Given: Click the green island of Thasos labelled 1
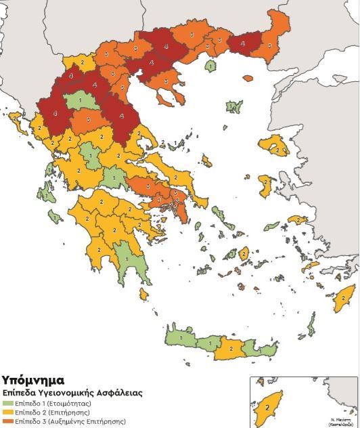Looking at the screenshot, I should pyautogui.click(x=211, y=66).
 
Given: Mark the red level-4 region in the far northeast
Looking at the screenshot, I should pyautogui.click(x=243, y=43).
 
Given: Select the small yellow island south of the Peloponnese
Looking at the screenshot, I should pyautogui.click(x=143, y=295).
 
